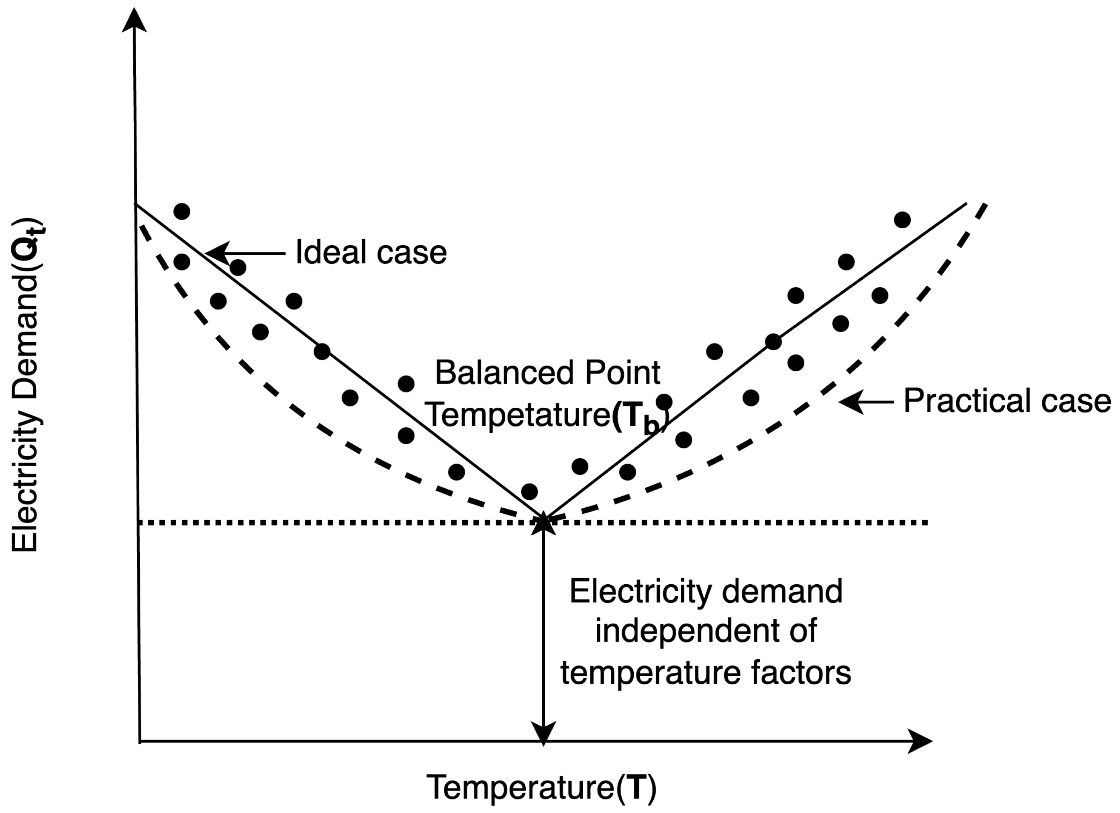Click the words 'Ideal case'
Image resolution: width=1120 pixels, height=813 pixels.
pos(370,252)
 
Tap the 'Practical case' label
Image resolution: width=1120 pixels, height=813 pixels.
pos(1007,400)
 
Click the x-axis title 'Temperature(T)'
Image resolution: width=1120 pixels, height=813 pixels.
pos(541,788)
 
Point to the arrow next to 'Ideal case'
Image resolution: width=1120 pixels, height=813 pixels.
pos(245,253)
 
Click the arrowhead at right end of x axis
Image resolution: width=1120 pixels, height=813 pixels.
pos(920,741)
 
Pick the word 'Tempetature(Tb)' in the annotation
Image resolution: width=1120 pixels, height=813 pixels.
pos(546,415)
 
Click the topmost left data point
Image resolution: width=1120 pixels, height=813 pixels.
pos(182,211)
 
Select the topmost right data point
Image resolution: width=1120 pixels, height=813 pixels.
pos(902,220)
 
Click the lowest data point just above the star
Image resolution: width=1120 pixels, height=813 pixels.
pos(529,491)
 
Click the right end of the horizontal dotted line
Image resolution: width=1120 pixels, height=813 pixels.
pos(926,522)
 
